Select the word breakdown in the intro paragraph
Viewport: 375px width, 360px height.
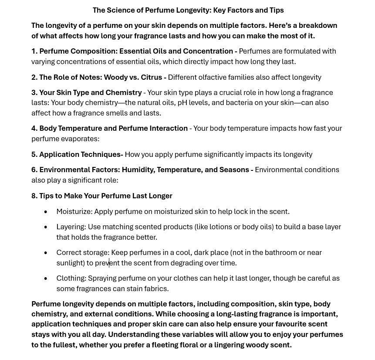[319, 25]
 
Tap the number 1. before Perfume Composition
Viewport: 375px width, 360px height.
[34, 51]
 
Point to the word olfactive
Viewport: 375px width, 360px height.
[214, 77]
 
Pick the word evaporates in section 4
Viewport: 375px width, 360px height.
[81, 139]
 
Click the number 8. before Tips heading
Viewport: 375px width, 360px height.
[34, 196]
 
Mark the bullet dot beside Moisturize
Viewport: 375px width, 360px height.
[46, 212]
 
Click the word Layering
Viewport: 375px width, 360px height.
[70, 227]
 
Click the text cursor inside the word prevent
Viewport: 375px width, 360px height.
[109, 263]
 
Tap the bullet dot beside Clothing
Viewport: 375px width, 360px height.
[46, 278]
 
